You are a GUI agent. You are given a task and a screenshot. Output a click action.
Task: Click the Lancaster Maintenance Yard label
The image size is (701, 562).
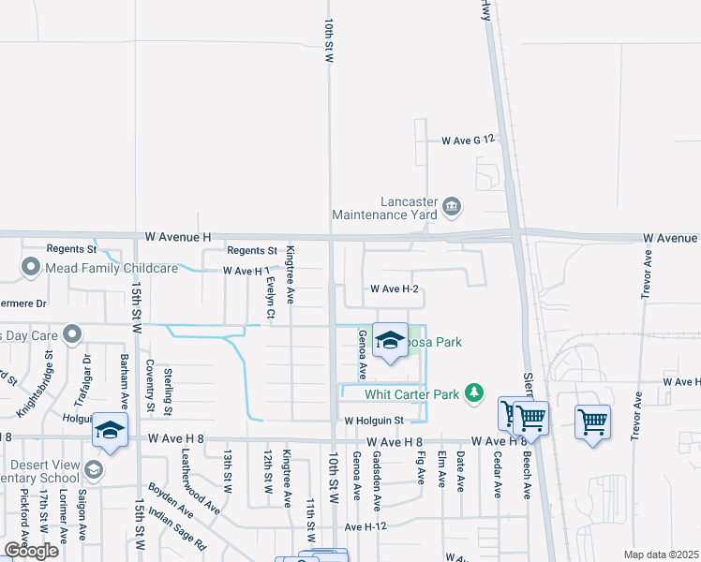pyautogui.click(x=410, y=207)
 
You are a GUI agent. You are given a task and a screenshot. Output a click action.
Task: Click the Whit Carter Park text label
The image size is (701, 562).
pyautogui.click(x=411, y=394)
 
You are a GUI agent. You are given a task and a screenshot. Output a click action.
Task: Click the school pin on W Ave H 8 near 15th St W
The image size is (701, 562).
pyautogui.click(x=110, y=432)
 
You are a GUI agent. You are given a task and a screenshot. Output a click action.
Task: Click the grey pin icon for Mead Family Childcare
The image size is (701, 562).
pyautogui.click(x=31, y=268)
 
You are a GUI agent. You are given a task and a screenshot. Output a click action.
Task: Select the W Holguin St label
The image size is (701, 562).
pyautogui.click(x=372, y=421)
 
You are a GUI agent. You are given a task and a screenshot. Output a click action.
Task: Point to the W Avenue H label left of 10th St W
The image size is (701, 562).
pyautogui.click(x=179, y=237)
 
